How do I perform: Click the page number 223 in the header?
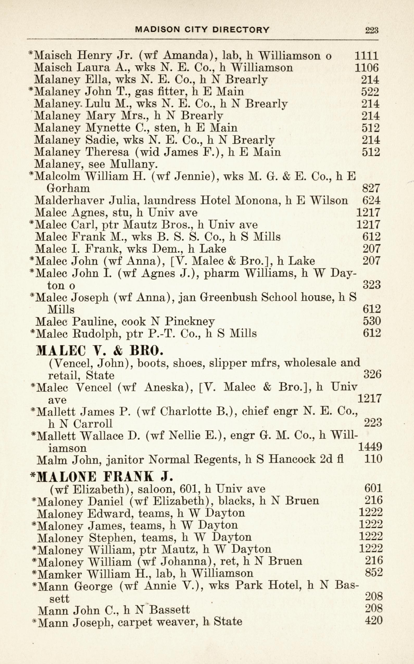coord(372,30)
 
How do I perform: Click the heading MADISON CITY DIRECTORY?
coord(203,30)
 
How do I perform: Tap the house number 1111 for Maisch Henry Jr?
coord(366,56)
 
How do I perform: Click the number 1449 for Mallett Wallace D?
coord(370,447)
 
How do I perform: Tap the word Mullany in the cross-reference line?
coord(133,164)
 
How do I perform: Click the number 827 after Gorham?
coord(371,188)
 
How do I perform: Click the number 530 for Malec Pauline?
coord(371,321)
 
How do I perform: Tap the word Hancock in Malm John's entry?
coord(292,459)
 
